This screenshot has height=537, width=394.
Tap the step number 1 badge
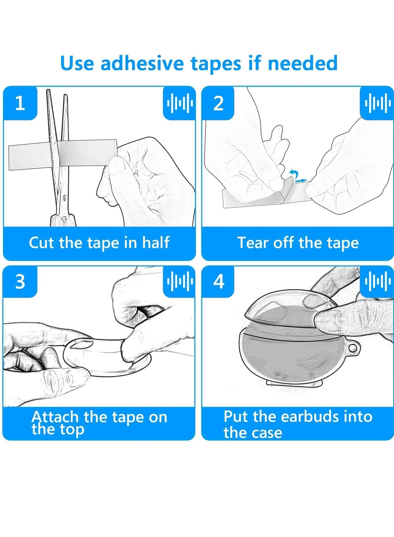tap(20, 103)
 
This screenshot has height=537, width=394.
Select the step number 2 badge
tap(218, 103)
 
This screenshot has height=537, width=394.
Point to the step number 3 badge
tap(20, 281)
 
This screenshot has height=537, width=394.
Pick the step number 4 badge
tap(219, 281)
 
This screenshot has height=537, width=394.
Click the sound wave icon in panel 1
tap(180, 103)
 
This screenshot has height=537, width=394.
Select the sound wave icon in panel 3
tap(180, 281)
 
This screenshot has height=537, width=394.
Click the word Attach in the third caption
tap(55, 417)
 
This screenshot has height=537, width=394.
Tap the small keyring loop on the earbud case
tap(352, 348)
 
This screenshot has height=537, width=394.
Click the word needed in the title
tap(303, 63)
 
